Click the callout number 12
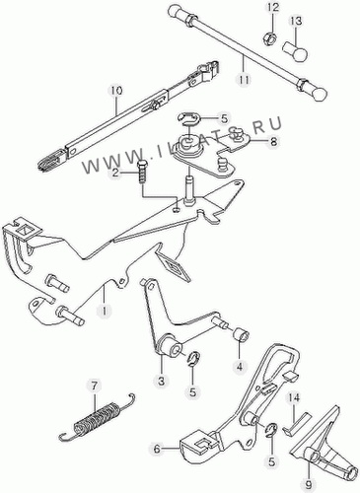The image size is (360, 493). click(272, 7)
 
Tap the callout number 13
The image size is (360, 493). click(295, 21)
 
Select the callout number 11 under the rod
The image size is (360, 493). click(245, 79)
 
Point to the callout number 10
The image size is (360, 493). click(115, 91)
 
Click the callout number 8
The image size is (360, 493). click(273, 142)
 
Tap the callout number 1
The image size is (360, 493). click(105, 311)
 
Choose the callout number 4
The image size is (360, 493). click(240, 366)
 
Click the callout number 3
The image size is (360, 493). click(161, 382)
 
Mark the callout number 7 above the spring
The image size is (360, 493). click(95, 387)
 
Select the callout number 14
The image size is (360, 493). click(294, 397)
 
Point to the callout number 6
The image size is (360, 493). click(157, 449)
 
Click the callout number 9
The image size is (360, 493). click(310, 484)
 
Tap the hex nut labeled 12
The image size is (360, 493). click(270, 39)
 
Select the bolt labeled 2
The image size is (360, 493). click(142, 171)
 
